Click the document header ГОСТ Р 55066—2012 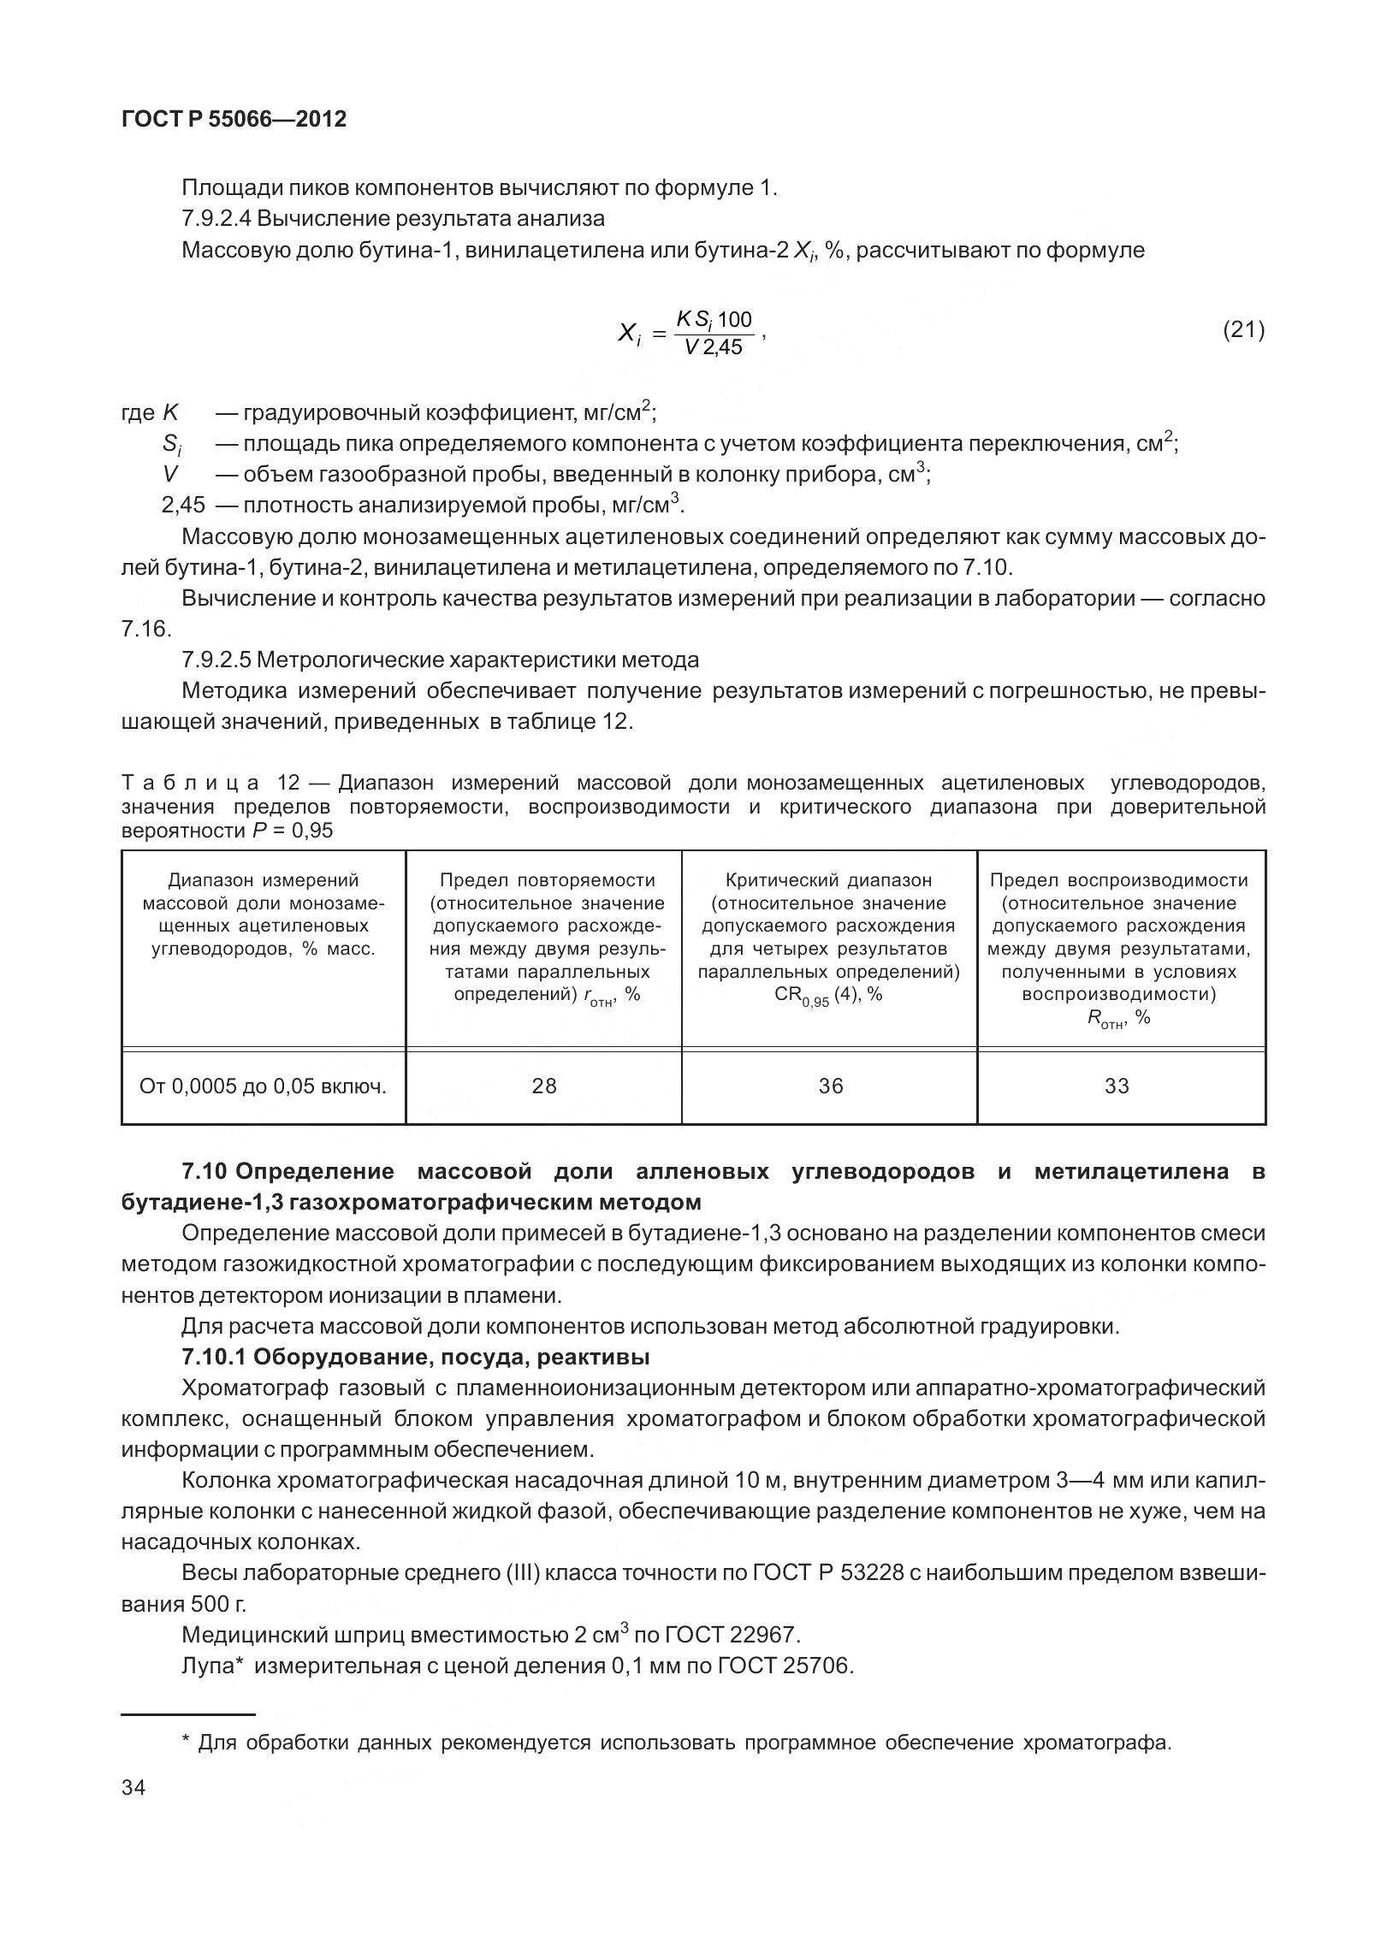[234, 119]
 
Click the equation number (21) [1243, 329]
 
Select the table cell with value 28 [544, 1086]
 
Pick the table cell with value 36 [830, 1086]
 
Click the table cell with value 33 [1117, 1086]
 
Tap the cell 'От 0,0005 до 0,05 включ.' [263, 1086]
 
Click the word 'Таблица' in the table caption [190, 784]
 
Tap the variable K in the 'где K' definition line [170, 413]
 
